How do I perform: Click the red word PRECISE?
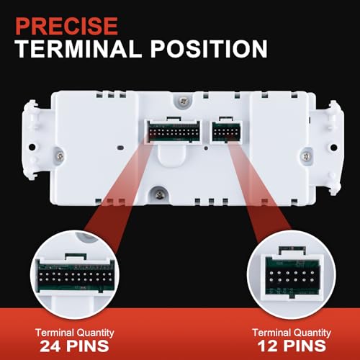[x=66, y=26]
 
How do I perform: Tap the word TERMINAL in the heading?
[x=78, y=48]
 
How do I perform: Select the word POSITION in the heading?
[x=209, y=48]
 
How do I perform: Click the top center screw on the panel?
[x=184, y=101]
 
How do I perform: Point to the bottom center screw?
[x=158, y=195]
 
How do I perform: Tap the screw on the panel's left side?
[x=60, y=156]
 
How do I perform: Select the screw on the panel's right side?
[x=307, y=156]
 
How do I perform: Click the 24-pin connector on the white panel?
[x=174, y=132]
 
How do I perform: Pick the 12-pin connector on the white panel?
[x=226, y=132]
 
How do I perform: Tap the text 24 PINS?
[x=74, y=346]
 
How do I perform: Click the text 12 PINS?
[x=292, y=346]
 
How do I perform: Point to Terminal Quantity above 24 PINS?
[x=75, y=333]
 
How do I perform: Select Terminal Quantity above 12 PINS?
[x=292, y=333]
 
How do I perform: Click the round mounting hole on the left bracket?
[x=32, y=147]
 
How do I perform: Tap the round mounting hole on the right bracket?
[x=333, y=147]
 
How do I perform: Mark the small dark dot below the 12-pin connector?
[x=206, y=148]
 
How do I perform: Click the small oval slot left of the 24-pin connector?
[x=121, y=148]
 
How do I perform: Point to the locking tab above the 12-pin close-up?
[x=292, y=251]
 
